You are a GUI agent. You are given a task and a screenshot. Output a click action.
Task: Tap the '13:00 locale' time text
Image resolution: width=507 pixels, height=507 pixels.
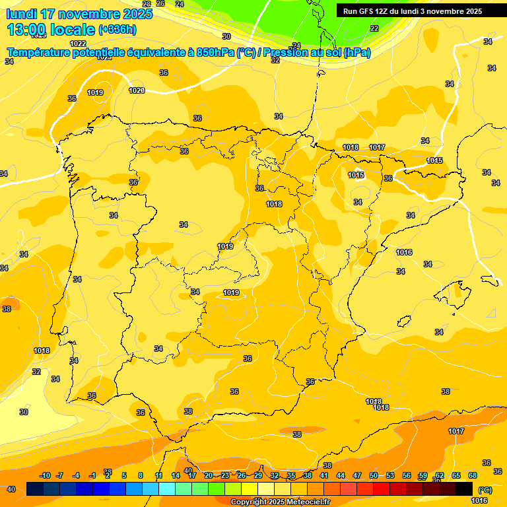pos(50,29)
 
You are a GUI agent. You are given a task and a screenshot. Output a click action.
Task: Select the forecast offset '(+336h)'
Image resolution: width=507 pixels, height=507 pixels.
pos(117,30)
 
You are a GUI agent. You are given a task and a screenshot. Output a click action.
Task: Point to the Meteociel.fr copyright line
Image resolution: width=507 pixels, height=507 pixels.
pos(280,502)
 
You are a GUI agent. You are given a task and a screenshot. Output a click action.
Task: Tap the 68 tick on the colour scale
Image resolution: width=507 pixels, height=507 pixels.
pos(473,475)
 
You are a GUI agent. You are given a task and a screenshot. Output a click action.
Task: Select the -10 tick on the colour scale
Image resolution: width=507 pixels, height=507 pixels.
pos(46,475)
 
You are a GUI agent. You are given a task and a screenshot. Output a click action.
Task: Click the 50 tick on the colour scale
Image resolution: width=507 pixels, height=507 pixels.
pos(374,475)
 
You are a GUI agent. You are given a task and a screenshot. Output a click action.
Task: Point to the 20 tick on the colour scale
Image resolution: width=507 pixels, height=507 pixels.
pos(209,475)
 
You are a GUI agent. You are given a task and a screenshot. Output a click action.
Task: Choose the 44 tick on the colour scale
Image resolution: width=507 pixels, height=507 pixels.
pos(341,475)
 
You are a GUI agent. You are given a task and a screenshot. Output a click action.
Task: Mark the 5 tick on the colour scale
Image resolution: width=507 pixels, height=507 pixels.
pos(124,475)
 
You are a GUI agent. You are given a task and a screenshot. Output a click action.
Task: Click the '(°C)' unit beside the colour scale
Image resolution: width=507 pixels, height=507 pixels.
pos(485,490)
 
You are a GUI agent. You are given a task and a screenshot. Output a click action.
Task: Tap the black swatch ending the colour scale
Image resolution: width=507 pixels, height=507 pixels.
pos(464,489)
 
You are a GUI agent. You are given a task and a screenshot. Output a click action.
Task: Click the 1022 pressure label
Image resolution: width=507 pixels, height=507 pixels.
pos(78,44)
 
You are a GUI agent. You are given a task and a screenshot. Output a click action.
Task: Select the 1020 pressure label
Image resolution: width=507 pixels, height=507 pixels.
pos(137,90)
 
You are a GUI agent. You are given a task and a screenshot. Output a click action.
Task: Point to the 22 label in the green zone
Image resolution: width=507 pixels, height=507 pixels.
pos(374,28)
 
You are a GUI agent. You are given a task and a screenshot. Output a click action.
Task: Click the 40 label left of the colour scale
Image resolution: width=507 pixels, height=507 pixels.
pos(11,489)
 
